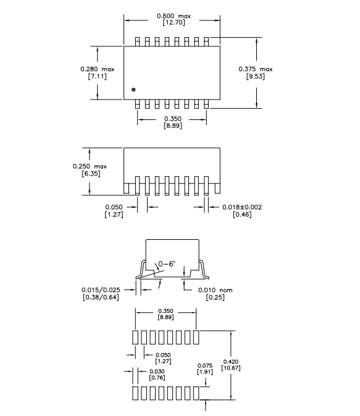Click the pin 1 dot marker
[x=133, y=90]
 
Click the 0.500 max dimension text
[x=174, y=16]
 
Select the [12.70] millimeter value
[x=174, y=22]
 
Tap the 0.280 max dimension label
[x=98, y=69]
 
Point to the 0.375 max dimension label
[x=255, y=69]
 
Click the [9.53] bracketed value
[x=255, y=77]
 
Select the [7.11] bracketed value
[x=98, y=77]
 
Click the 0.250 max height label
[x=90, y=166]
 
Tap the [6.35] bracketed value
[x=91, y=174]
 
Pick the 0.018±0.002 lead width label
[x=242, y=207]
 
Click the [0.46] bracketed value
[x=242, y=214]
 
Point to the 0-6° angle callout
[x=167, y=264]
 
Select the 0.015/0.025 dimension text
[x=101, y=290]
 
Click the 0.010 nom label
[x=216, y=291]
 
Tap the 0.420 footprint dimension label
[x=230, y=362]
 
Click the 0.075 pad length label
[x=205, y=365]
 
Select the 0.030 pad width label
[x=157, y=371]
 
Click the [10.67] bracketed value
[x=230, y=368]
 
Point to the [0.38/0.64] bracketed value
[x=101, y=297]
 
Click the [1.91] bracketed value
[x=205, y=372]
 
